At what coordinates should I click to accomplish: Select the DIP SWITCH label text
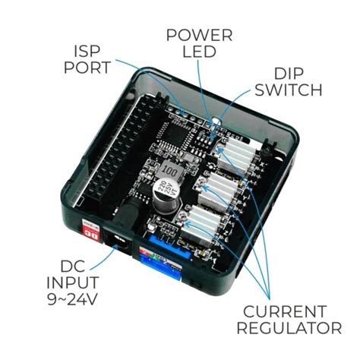289,81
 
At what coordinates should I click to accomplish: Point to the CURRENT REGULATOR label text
289,320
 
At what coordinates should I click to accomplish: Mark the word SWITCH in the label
289,90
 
